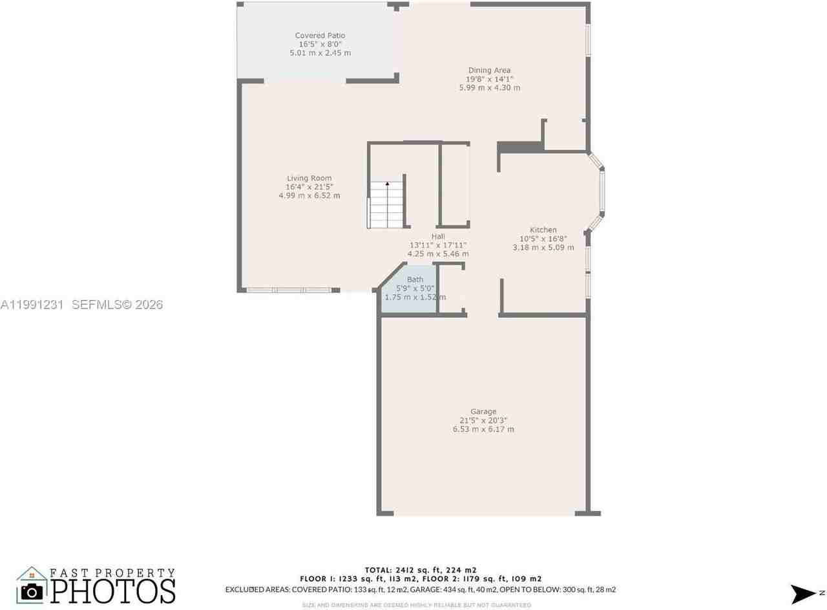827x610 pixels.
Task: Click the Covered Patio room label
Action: [320, 36]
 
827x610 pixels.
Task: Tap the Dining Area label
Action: [489, 71]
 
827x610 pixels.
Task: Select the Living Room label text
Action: [309, 179]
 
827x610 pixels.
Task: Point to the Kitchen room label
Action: [543, 230]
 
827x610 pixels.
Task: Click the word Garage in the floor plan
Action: [483, 411]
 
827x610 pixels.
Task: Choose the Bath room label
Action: [415, 279]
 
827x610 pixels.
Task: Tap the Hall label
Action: [437, 237]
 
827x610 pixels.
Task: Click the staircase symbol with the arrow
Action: [386, 204]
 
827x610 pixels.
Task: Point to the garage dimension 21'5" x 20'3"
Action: [483, 420]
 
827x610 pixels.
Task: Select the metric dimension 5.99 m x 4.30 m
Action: [489, 88]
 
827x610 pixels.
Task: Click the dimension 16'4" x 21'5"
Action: [309, 187]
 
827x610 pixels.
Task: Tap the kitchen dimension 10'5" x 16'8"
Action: [543, 239]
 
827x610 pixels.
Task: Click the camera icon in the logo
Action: [31, 590]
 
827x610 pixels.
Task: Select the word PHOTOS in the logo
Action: [113, 590]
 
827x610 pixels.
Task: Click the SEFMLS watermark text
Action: [117, 305]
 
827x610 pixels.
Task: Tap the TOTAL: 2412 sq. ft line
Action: [420, 570]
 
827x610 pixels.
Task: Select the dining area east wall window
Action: [587, 40]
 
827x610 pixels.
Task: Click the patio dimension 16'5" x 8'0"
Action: [320, 44]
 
